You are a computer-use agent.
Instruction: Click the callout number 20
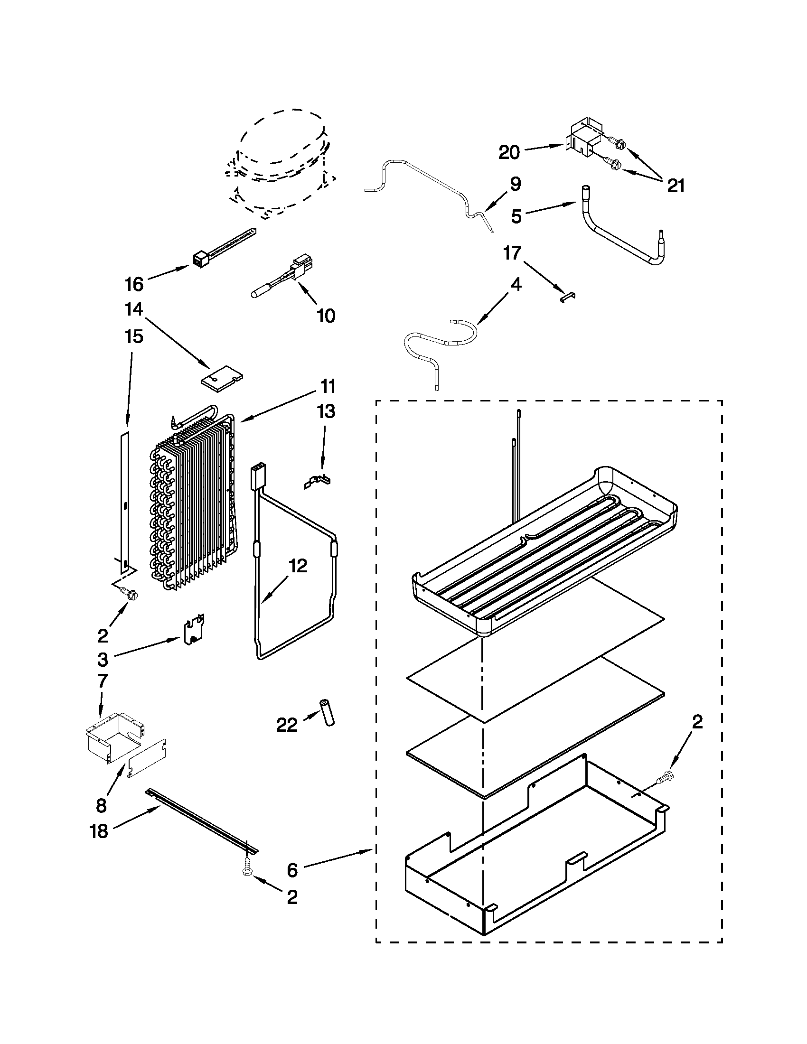(509, 153)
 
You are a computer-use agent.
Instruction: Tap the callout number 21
(676, 186)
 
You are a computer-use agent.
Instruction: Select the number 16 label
(134, 284)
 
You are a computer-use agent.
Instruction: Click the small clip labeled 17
(567, 297)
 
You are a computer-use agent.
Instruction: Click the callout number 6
(292, 870)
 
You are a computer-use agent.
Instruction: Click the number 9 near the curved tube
(515, 184)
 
